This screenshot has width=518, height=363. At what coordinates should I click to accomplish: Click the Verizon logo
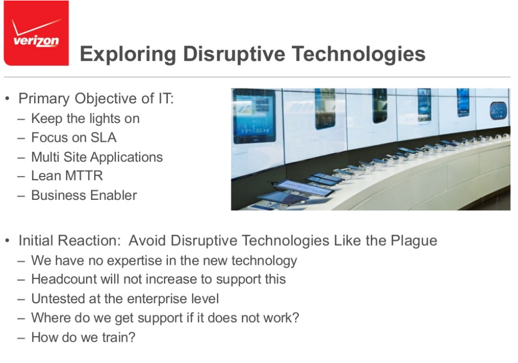(x=36, y=33)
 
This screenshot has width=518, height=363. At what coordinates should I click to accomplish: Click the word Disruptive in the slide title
(x=234, y=54)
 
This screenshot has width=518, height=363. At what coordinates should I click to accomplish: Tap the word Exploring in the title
(x=128, y=54)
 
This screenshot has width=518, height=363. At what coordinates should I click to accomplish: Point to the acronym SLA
(x=103, y=138)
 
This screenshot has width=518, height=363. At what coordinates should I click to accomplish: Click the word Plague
(x=414, y=241)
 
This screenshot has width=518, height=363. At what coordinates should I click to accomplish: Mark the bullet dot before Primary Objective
(x=8, y=99)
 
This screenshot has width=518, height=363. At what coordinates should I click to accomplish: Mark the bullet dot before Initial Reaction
(x=8, y=241)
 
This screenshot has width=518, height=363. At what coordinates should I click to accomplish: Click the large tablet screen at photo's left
(x=254, y=116)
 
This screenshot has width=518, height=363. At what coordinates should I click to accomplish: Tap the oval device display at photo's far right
(x=498, y=111)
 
